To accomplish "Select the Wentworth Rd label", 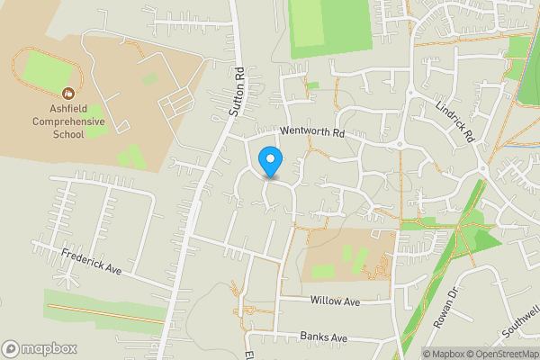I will tap(312, 132).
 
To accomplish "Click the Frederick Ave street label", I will tap(91, 262).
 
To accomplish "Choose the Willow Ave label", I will tap(334, 301).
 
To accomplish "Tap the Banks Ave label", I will tap(324, 337).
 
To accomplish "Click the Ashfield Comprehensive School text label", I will tap(69, 121).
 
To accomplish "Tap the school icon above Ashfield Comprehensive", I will tap(68, 93).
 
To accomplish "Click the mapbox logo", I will tap(40, 348).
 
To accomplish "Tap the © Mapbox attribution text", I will tap(448, 354).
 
